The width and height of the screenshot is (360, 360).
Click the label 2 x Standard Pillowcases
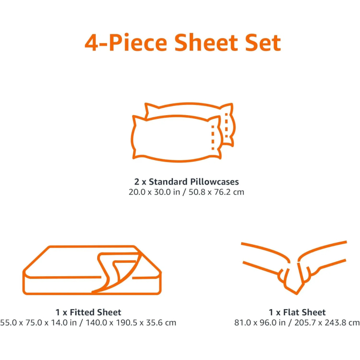click(186, 182)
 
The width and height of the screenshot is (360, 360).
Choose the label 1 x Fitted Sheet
click(88, 312)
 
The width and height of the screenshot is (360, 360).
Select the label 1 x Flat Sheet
click(297, 312)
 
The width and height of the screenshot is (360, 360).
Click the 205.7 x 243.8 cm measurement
click(327, 322)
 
